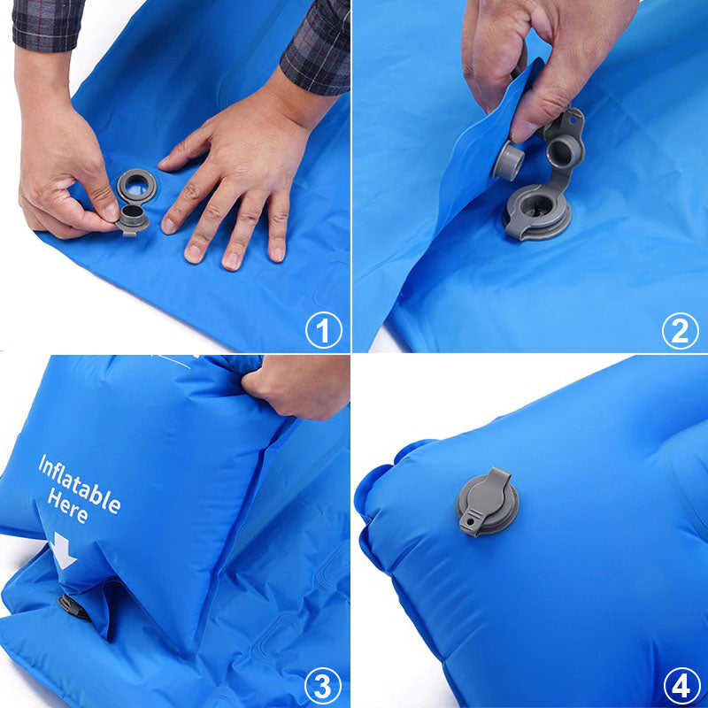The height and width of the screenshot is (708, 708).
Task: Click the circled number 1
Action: pyautogui.click(x=323, y=330)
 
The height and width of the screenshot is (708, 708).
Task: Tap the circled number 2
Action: pyautogui.click(x=680, y=331)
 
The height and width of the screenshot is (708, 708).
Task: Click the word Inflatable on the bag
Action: pyautogui.click(x=80, y=484)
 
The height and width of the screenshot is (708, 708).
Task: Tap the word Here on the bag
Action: pyautogui.click(x=68, y=505)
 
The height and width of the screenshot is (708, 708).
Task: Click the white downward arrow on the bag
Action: pyautogui.click(x=63, y=550)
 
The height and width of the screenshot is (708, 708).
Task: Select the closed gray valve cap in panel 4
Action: pyautogui.click(x=488, y=502)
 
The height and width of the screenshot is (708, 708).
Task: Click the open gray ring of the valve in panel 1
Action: pyautogui.click(x=136, y=186)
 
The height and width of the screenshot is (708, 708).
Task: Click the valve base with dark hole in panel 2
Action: pyautogui.click(x=537, y=212)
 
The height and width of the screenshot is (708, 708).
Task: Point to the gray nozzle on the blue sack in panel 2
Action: pyautogui.click(x=507, y=161)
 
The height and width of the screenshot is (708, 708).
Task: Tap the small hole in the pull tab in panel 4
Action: pyautogui.click(x=471, y=521)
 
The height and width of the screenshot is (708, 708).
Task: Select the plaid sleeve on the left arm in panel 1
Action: pyautogui.click(x=48, y=24)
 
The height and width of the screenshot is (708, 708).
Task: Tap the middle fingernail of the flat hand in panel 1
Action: pyautogui.click(x=232, y=261)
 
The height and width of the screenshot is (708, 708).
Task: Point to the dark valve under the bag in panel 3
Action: pyautogui.click(x=73, y=607)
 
